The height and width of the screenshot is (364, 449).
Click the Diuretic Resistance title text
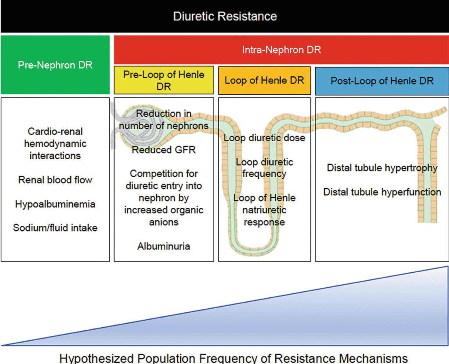[225, 16]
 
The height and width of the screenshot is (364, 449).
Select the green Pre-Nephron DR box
[55, 65]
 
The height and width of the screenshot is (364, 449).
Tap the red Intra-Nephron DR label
[282, 50]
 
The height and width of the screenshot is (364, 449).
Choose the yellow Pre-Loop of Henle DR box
[164, 80]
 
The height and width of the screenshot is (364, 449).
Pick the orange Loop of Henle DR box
[264, 81]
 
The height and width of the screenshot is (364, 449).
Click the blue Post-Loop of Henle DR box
[382, 81]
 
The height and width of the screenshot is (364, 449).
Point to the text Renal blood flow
[55, 180]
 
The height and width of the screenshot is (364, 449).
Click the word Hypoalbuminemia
[55, 204]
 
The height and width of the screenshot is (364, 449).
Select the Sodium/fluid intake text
[55, 228]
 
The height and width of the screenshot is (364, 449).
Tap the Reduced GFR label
[164, 150]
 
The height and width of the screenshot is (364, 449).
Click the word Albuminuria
[164, 246]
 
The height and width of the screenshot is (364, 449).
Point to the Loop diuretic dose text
[264, 138]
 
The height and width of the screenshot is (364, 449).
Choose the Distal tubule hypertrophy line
[382, 168]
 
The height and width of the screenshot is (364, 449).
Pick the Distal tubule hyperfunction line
[382, 192]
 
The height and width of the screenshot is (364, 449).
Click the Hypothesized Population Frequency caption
[233, 358]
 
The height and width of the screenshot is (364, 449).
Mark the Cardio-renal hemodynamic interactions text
[55, 143]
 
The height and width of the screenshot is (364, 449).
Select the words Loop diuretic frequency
[264, 168]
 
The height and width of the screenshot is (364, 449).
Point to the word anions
[164, 222]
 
